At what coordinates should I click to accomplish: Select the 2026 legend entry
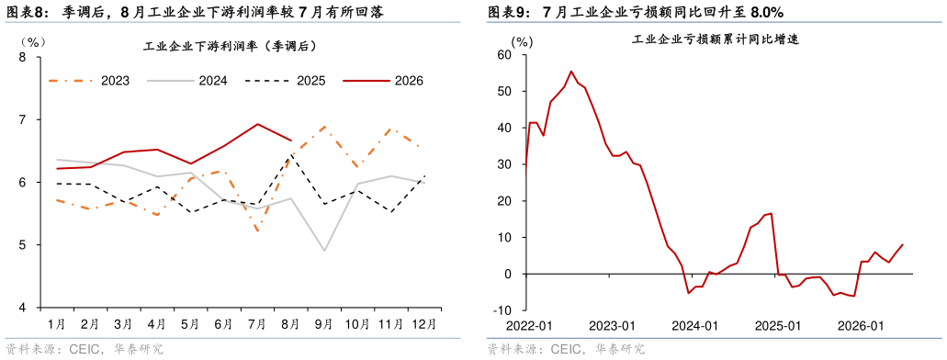click(383, 80)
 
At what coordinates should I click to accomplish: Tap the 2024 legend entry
click(187, 80)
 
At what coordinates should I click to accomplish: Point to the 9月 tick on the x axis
click(324, 324)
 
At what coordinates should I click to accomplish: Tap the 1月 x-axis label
click(57, 324)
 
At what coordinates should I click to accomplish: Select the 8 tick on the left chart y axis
click(22, 57)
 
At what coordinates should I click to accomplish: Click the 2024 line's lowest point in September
click(324, 251)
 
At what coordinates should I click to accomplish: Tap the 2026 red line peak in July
click(258, 124)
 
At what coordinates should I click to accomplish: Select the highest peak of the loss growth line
click(571, 72)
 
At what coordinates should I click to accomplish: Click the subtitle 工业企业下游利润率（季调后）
click(231, 46)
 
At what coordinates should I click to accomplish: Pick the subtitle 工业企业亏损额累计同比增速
click(716, 39)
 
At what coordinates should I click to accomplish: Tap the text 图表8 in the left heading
click(22, 11)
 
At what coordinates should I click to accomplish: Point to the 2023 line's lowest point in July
click(258, 231)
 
